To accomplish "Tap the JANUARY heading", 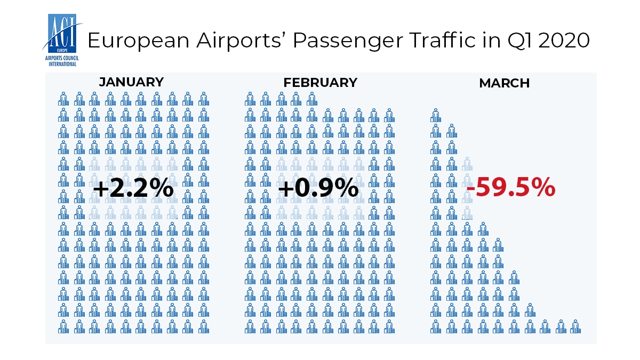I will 131,82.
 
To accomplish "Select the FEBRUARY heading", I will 320,83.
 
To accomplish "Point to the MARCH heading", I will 504,83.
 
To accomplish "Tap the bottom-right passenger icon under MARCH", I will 574,326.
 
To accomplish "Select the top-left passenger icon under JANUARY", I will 63,99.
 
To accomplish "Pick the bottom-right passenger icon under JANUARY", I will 203,326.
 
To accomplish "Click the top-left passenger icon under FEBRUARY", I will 250,99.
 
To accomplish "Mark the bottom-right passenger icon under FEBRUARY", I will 389,326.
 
